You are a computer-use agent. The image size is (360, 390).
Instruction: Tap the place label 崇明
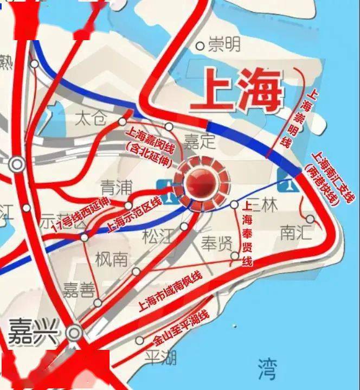coord(224,44)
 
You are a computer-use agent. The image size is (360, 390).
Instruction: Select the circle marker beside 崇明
coord(200,46)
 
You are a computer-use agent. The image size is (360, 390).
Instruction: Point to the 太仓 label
coord(91,118)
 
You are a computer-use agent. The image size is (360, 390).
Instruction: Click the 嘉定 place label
coord(200,142)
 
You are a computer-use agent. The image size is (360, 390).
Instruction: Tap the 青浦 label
coord(117,188)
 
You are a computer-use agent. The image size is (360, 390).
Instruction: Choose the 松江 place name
coord(159,236)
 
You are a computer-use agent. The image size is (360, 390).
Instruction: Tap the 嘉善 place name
coord(79,291)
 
